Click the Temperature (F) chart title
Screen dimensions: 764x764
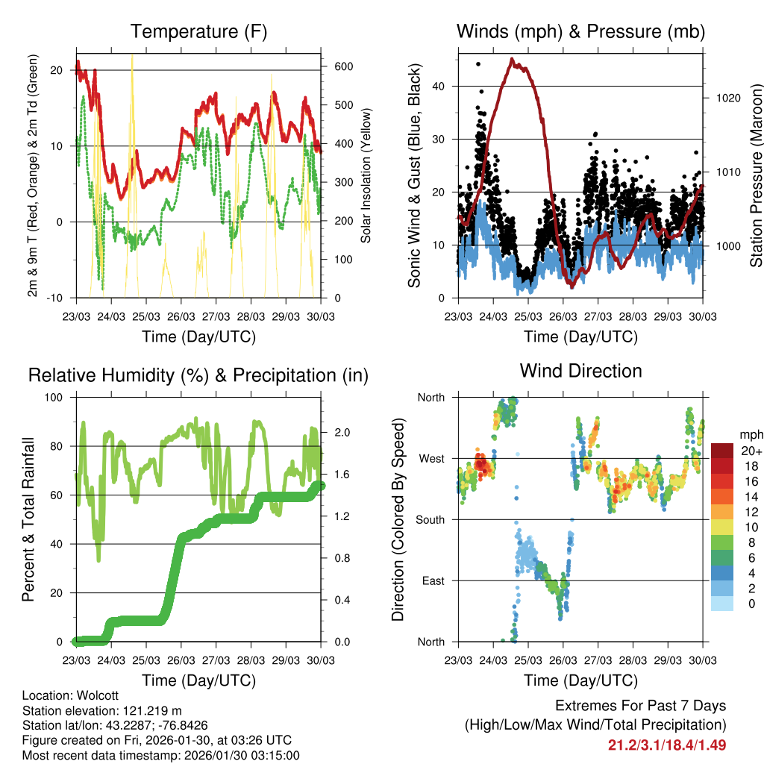point(198,31)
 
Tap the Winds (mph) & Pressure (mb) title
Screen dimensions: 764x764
point(580,31)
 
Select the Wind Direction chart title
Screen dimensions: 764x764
point(580,371)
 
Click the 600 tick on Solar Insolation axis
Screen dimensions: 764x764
point(342,66)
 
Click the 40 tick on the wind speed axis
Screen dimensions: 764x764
point(439,86)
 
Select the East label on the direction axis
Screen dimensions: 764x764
point(432,580)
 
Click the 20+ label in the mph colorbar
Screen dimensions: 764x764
point(751,451)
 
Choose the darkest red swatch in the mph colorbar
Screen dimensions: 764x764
point(723,451)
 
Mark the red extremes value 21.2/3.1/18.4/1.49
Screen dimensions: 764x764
point(667,745)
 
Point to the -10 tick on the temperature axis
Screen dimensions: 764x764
point(55,298)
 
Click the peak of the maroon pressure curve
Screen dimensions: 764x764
point(512,59)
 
